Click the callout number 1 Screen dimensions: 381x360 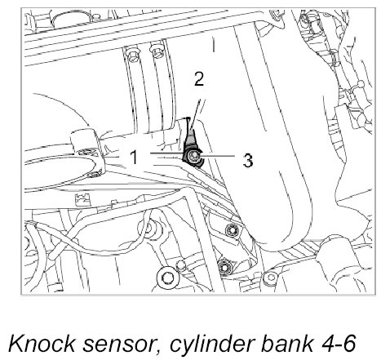134,157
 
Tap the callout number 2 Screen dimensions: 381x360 199,78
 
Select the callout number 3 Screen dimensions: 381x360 248,161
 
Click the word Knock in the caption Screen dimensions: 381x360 42,344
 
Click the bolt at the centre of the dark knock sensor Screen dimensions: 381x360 194,157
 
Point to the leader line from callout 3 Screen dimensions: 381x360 218,156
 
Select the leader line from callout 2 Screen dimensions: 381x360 197,113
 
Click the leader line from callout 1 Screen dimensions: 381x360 166,153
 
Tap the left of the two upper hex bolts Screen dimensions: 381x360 133,54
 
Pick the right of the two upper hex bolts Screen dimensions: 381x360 157,52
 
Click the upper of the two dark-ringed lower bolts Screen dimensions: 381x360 232,231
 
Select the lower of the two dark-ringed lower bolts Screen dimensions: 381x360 224,267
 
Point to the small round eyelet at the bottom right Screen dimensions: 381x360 270,278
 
